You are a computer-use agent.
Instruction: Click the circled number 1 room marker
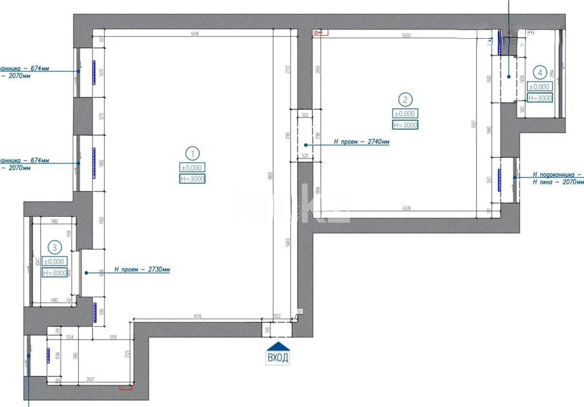[193, 154]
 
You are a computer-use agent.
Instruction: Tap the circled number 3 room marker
[55, 248]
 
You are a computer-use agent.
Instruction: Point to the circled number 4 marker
[540, 73]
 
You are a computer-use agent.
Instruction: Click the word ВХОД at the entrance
[278, 358]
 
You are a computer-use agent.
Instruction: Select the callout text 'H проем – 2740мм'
[361, 142]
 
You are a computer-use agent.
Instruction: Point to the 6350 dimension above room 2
[407, 36]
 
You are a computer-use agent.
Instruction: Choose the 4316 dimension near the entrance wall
[198, 316]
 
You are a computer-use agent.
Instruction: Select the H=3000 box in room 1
[193, 179]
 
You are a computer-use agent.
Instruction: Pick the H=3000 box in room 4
[540, 98]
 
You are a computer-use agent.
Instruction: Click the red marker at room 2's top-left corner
[321, 32]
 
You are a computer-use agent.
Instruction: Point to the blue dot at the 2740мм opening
[306, 145]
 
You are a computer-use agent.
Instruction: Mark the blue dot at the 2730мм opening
[87, 273]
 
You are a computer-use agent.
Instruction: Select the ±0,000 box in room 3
[55, 261]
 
